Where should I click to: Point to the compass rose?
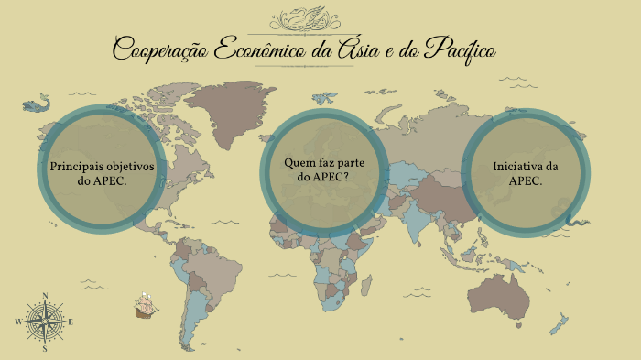click(44, 322)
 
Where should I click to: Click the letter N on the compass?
click(44, 295)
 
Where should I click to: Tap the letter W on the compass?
click(17, 322)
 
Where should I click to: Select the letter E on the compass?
click(71, 322)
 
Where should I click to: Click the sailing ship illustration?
click(144, 306)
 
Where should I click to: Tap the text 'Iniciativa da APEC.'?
click(526, 173)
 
